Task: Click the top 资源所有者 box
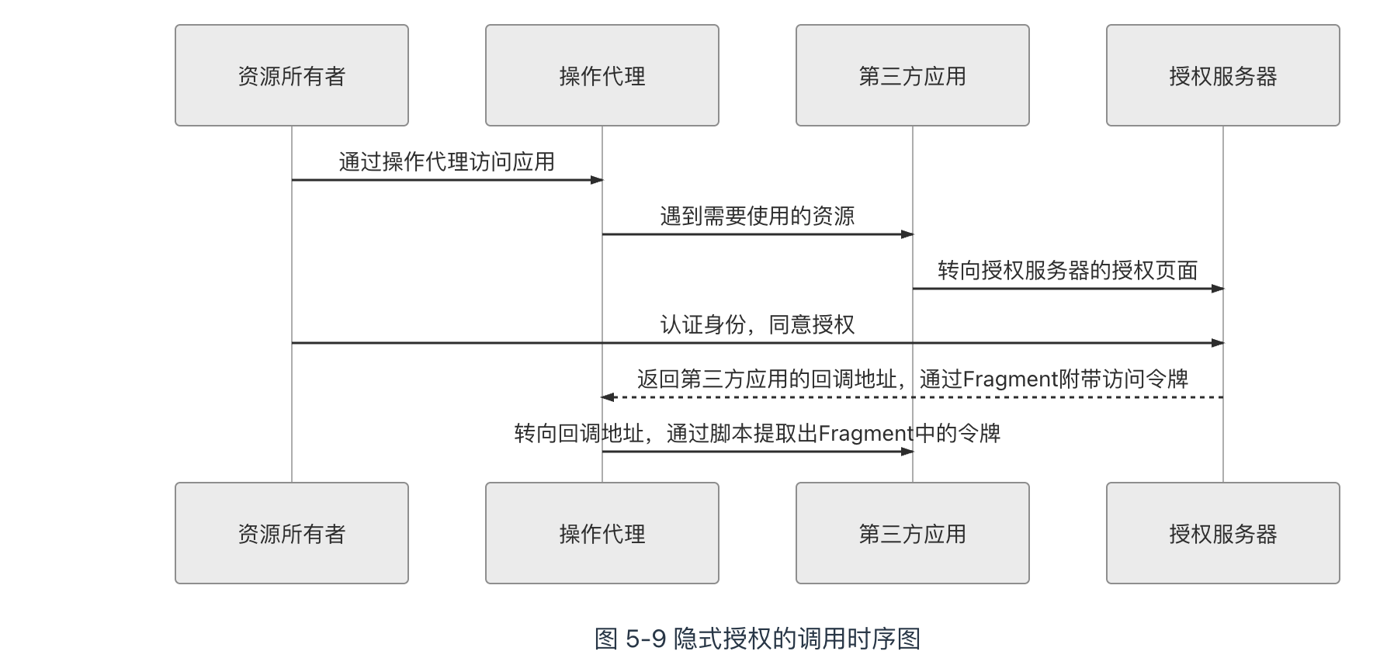pyautogui.click(x=292, y=75)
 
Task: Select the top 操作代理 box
pyautogui.click(x=602, y=75)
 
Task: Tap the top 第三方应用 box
pyautogui.click(x=913, y=75)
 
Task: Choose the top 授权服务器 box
pyautogui.click(x=1223, y=75)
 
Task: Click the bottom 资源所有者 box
pyautogui.click(x=292, y=533)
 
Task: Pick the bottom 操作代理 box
pyautogui.click(x=602, y=533)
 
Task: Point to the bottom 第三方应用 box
pyautogui.click(x=913, y=533)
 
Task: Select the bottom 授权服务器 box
pyautogui.click(x=1223, y=533)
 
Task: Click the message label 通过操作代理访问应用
pyautogui.click(x=446, y=161)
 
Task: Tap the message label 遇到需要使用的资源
pyautogui.click(x=757, y=216)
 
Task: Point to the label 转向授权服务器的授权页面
pyautogui.click(x=1067, y=270)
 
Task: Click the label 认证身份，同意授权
pyautogui.click(x=757, y=324)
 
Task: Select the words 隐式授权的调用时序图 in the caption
pyautogui.click(x=797, y=639)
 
